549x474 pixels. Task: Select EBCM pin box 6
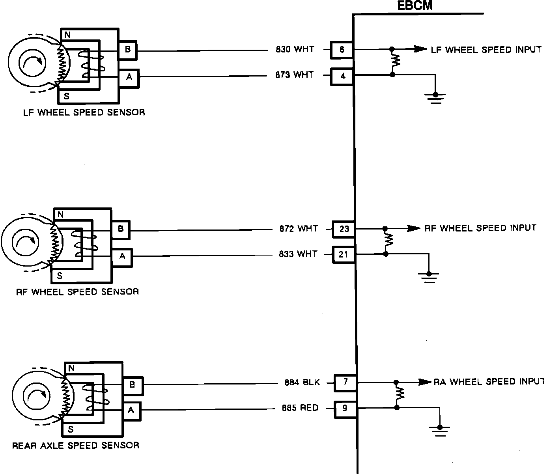(342, 50)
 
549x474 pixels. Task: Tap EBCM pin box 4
(342, 76)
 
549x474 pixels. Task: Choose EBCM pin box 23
(344, 229)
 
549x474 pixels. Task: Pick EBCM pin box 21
(343, 254)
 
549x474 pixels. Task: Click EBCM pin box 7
(345, 382)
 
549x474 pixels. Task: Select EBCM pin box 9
(345, 409)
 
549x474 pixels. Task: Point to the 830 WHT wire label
(295, 49)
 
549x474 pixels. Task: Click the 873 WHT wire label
(294, 75)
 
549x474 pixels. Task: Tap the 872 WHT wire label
(298, 229)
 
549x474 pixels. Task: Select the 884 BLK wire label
(302, 382)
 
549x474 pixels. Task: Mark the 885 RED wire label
(300, 408)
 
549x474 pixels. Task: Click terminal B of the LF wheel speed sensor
(128, 50)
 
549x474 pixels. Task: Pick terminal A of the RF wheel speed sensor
(122, 256)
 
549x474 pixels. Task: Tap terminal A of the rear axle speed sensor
(131, 411)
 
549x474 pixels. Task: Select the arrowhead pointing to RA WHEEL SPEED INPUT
(424, 382)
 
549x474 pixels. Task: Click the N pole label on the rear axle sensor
(71, 368)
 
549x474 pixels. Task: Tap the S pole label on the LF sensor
(67, 95)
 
